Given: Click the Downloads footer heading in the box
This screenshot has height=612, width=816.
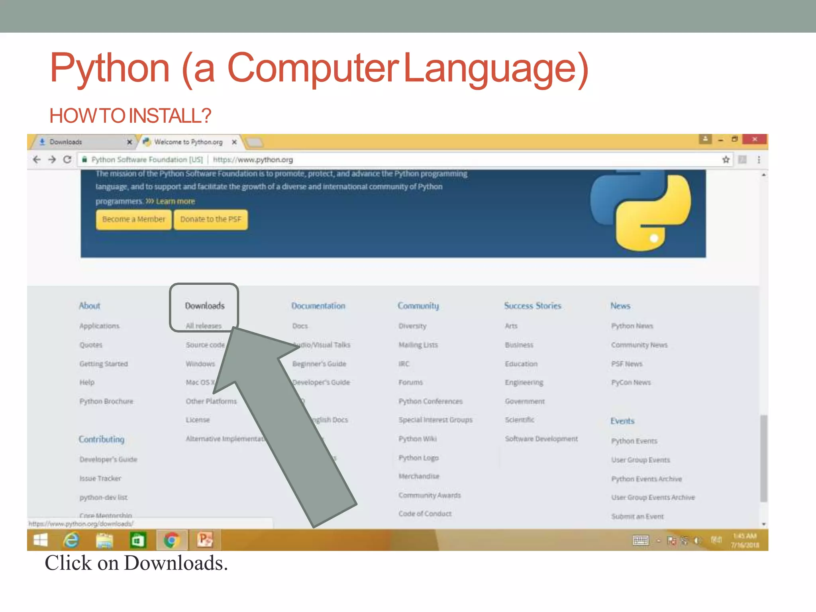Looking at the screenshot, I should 205,306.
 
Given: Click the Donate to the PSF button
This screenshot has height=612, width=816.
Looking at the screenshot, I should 210,220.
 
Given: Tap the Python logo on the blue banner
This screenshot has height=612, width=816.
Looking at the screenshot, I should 641,211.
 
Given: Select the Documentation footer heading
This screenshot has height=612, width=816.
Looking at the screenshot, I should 318,306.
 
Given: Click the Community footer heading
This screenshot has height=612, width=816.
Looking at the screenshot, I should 418,306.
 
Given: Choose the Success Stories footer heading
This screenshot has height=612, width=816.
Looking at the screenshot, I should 532,306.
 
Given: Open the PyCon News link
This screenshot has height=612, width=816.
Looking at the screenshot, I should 631,382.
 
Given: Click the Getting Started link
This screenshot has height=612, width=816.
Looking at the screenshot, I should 104,364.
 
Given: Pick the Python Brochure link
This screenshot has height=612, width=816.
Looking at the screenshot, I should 106,401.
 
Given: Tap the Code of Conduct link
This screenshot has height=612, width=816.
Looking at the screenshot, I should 425,514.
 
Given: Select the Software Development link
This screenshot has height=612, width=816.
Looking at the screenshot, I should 541,439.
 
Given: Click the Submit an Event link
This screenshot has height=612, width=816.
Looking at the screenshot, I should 637,516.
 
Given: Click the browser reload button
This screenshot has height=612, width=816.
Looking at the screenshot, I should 67,160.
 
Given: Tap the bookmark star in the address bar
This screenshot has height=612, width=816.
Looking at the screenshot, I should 726,160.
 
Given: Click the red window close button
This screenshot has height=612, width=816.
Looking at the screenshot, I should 754,139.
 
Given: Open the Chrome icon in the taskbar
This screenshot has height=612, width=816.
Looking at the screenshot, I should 171,540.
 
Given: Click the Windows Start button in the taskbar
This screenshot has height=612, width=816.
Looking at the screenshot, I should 41,540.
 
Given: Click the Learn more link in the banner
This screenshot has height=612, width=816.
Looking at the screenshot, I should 175,202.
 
